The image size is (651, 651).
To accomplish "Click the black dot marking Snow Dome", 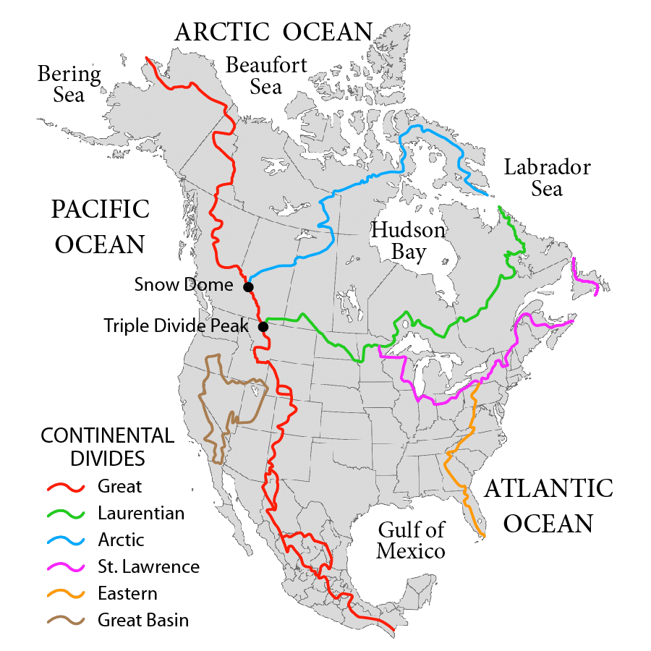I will coord(248,287).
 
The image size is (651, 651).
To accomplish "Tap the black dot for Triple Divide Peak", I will coord(263,327).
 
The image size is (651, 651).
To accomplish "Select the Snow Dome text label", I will coord(184,285).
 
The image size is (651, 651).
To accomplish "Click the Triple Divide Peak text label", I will coord(176,325).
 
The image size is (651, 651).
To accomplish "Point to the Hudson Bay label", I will coord(408,241).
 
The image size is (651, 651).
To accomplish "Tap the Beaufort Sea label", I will coord(266,75).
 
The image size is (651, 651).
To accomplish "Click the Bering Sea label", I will coord(69,84).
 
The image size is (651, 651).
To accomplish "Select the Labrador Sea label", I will coord(547,178).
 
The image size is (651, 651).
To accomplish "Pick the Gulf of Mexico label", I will coord(410,540).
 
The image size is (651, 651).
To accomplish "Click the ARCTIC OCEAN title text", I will coord(273,32).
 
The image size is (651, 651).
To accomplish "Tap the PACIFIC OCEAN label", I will coord(100,226).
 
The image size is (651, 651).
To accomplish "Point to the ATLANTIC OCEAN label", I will coord(548,506).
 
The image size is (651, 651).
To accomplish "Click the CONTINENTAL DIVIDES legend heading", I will coord(107,447).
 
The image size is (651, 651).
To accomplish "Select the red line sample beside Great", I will coord(67,487).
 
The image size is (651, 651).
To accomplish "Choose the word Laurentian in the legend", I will coord(141,514).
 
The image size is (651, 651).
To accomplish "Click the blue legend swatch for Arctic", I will coord(67,540).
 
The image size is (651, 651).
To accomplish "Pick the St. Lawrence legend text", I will coord(148,567).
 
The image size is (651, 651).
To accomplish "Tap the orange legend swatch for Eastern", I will coord(67,594).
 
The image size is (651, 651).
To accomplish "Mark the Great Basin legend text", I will coord(143,620).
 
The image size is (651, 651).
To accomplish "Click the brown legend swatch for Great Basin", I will coord(67,621).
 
